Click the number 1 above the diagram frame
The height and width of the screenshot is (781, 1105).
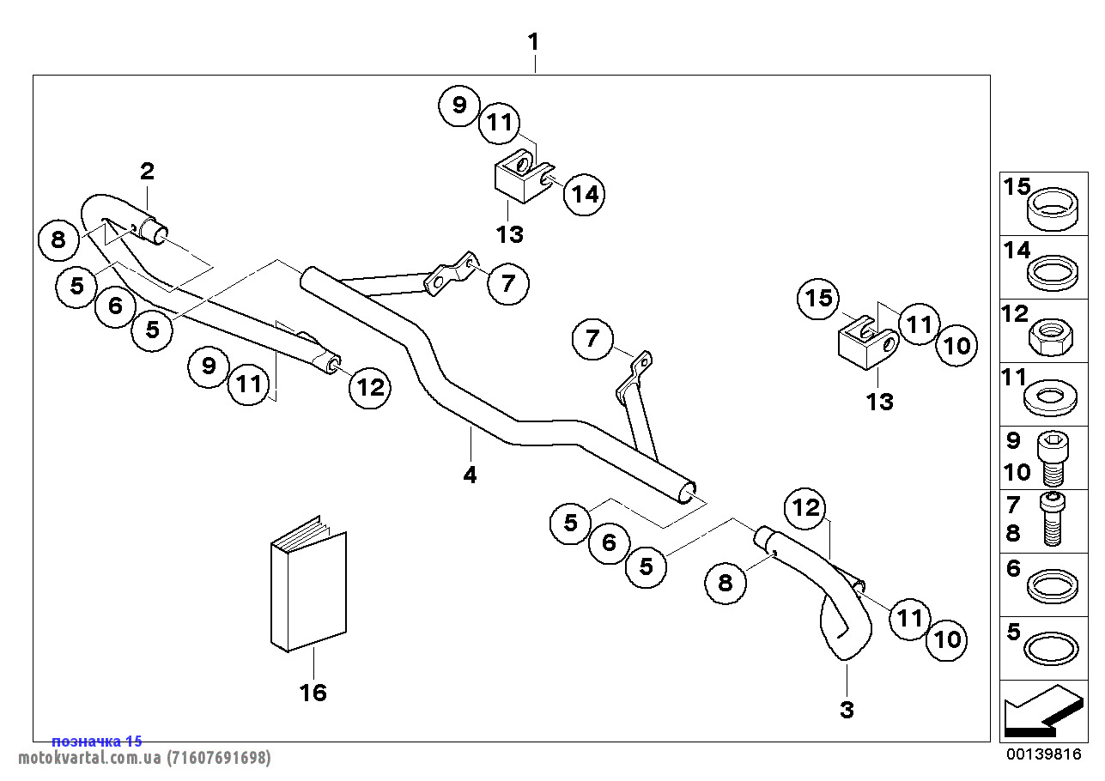533,41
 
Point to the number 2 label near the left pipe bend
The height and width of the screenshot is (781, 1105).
148,171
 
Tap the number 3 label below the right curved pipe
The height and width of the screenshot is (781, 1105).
847,710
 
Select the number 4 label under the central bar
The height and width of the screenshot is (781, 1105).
470,475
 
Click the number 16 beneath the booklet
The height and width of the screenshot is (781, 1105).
313,692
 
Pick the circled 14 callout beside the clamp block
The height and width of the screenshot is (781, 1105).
584,194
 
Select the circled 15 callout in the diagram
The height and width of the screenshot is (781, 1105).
819,298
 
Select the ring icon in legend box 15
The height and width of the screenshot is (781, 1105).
1053,209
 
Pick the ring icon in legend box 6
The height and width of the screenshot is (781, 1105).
1053,585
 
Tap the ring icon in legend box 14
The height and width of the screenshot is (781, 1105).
1053,273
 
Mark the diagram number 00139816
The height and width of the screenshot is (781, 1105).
1043,754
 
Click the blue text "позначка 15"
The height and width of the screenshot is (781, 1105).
97,742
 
